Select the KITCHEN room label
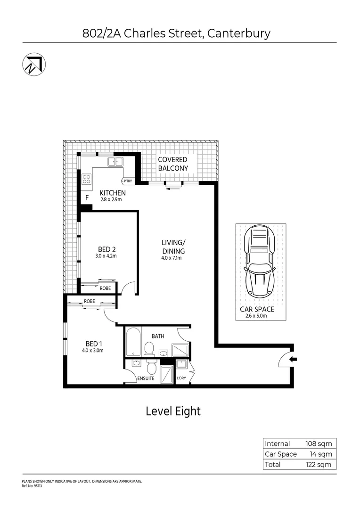click(112, 193)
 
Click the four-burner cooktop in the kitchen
click(87, 179)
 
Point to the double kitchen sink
click(115, 162)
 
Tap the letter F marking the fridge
click(87, 198)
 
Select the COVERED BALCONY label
click(172, 164)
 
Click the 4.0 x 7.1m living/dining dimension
click(172, 258)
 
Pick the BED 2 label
click(107, 249)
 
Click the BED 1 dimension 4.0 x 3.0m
click(93, 350)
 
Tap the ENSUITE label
click(146, 378)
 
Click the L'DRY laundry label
click(181, 378)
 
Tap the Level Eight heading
click(173, 411)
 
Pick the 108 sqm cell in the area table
click(319, 443)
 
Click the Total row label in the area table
click(273, 464)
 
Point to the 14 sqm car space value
click(321, 454)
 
